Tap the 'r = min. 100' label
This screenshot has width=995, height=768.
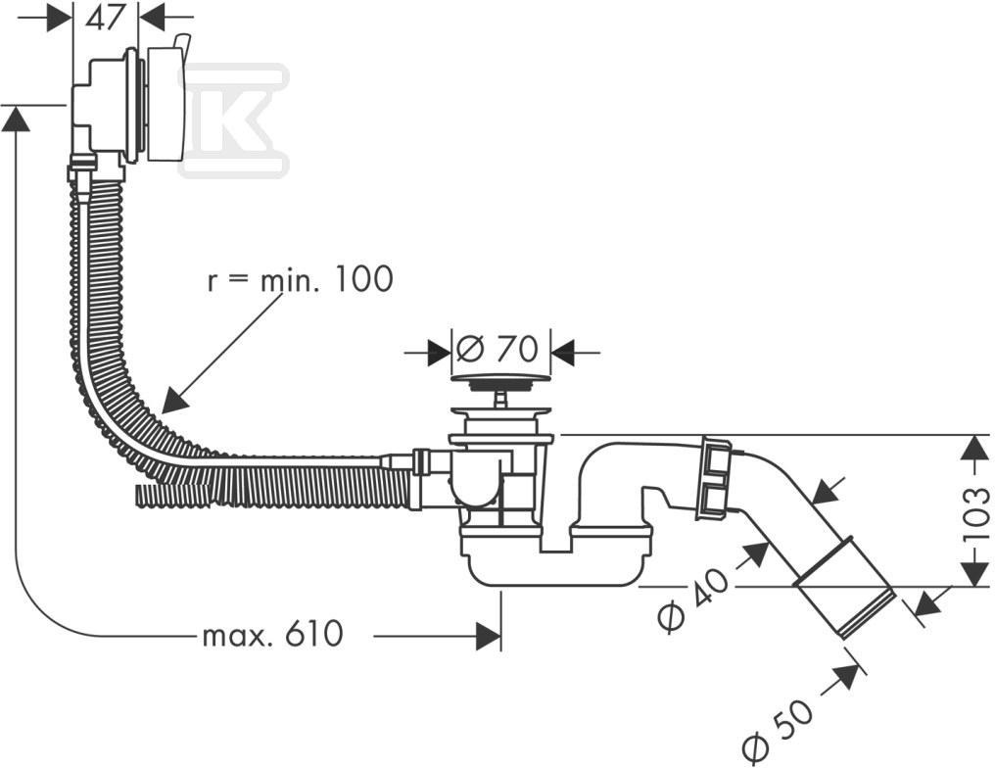coord(300,279)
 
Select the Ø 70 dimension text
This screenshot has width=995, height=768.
coord(498,349)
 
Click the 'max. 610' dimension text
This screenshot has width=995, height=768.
coord(272,635)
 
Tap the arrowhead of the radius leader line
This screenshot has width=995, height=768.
coord(171,402)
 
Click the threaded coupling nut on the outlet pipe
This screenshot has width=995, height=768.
coord(713,479)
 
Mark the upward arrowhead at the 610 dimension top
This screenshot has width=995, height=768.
coord(16,119)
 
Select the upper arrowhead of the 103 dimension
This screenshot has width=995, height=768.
coord(971,448)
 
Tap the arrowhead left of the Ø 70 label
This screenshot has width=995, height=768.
coord(441,352)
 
